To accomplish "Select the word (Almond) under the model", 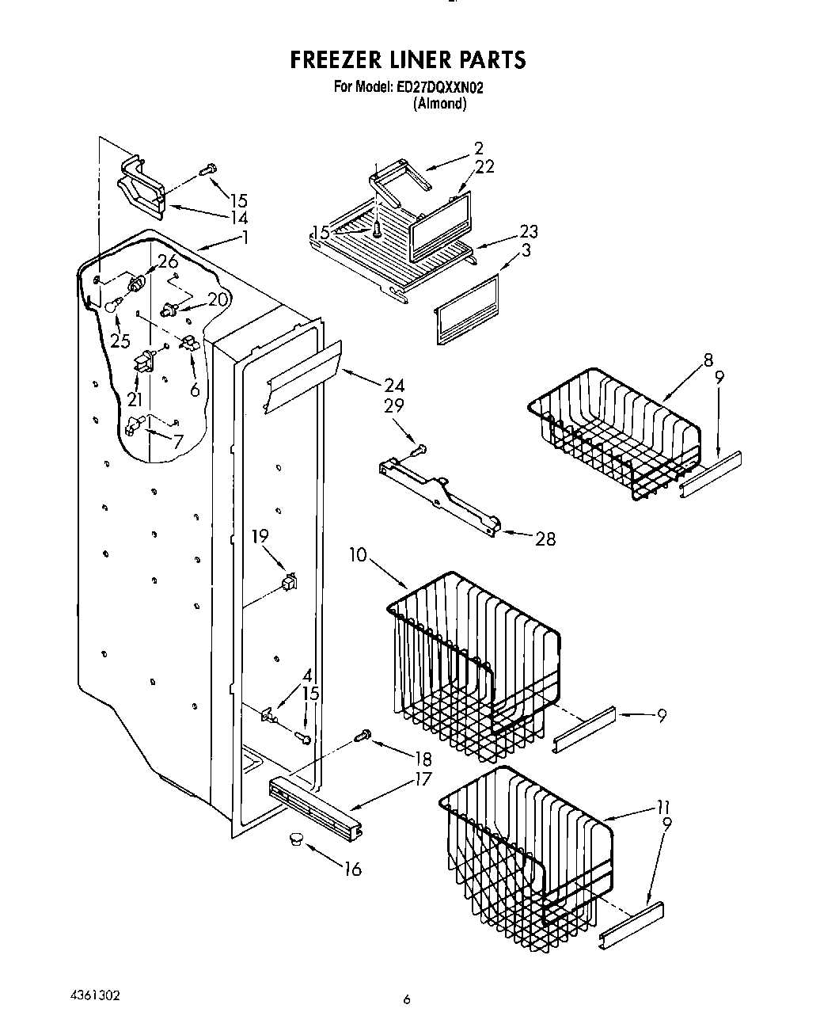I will (x=439, y=103).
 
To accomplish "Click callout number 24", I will (x=393, y=386).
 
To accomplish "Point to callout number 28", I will (x=545, y=539).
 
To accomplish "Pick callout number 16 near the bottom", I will (x=352, y=869).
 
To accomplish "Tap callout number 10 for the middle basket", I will (x=358, y=555).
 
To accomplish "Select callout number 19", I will (x=260, y=537).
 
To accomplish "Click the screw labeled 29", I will (x=419, y=449).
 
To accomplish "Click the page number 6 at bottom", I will (x=406, y=999).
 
